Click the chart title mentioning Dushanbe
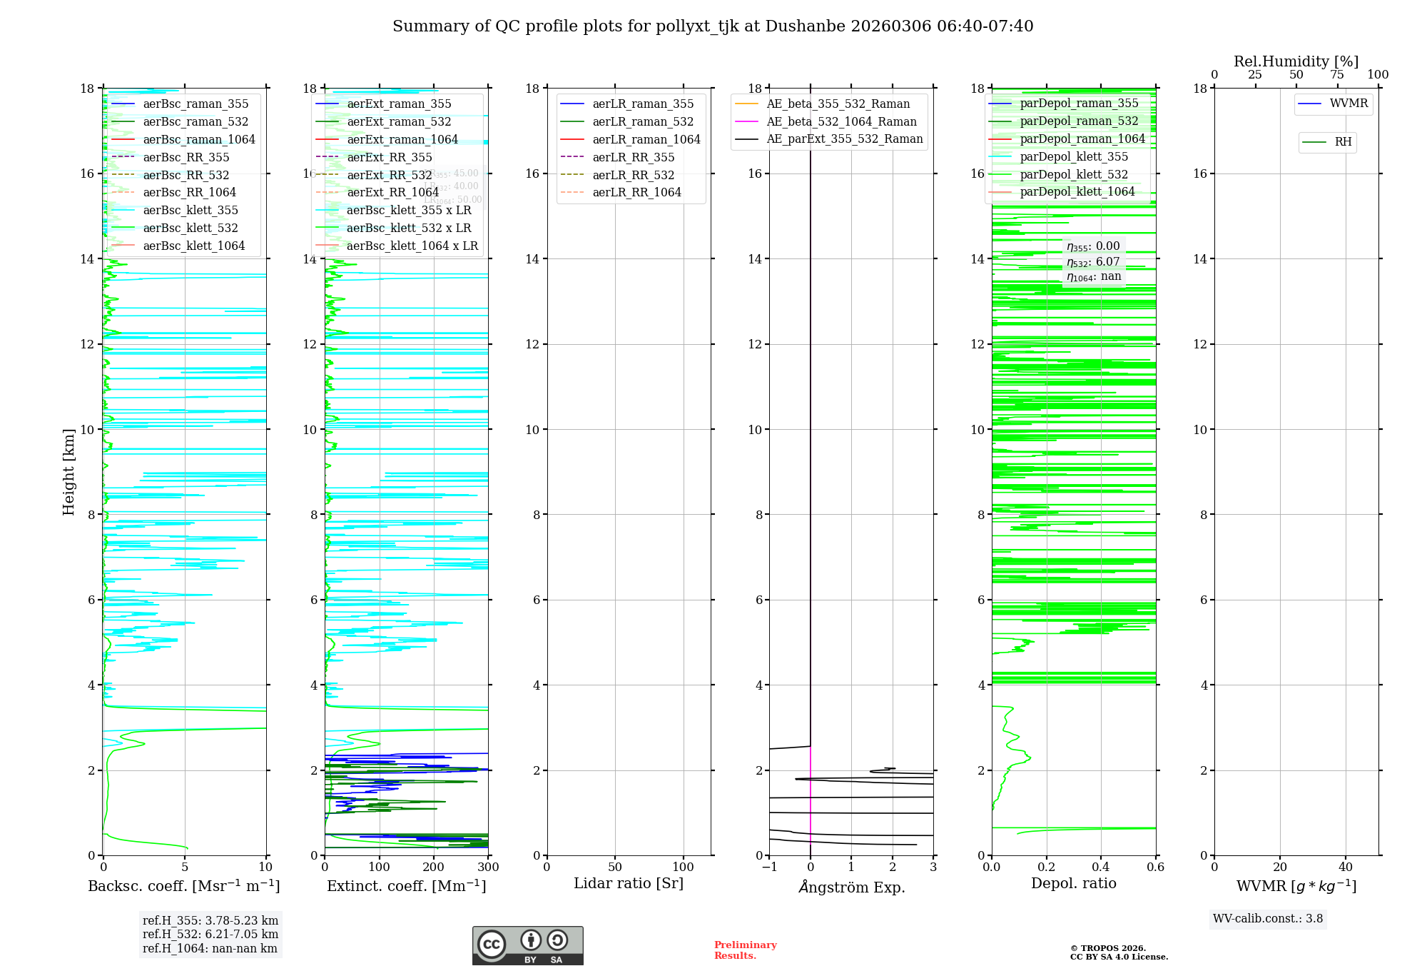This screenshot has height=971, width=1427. click(713, 26)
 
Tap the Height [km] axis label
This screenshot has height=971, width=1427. click(68, 472)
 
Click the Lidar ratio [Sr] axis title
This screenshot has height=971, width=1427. click(629, 884)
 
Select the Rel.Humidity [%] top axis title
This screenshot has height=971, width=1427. click(1296, 62)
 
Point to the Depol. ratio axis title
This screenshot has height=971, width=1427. click(1073, 884)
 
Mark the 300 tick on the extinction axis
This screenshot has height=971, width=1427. click(489, 867)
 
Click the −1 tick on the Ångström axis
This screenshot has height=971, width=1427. click(768, 867)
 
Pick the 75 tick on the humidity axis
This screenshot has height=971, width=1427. click(1337, 75)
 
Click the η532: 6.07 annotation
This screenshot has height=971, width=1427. click(1093, 262)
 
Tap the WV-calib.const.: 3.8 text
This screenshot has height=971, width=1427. click(1268, 919)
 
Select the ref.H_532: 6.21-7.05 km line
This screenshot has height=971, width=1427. click(210, 935)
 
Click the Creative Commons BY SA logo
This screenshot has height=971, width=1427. click(527, 945)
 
